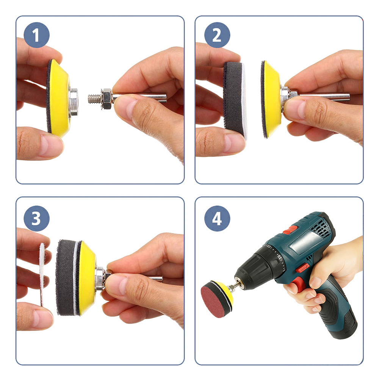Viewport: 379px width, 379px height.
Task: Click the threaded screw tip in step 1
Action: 94,98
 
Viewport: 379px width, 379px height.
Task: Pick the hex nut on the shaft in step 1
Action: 106,99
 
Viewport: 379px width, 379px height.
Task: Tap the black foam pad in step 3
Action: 66,277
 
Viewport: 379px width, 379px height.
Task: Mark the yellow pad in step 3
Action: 87,277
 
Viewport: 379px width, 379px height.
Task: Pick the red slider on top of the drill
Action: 290,229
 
